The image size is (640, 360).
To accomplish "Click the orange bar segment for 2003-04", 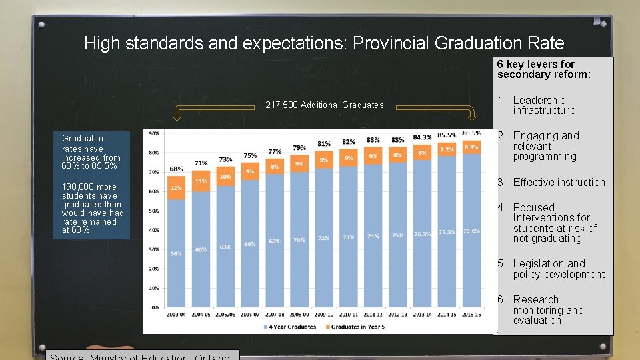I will pos(176,188).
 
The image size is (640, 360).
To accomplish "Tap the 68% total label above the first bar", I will pos(176,169).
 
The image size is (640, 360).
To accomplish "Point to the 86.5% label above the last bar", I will pos(471,133).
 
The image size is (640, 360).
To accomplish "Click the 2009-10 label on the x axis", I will pos(323,314).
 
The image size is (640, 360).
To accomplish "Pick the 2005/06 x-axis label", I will pos(225,314).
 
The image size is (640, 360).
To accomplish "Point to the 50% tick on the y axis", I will pos(154,211).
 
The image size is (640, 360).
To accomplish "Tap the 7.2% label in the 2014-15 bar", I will pos(447,149).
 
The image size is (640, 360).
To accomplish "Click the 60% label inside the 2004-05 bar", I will pos(201,250).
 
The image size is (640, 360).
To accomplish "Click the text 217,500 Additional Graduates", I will pos(325,105).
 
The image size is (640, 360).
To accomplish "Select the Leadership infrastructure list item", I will pos(543,105).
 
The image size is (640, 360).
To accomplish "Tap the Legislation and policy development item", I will pos(558,269).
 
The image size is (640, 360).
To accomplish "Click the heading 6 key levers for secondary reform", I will pos(544,69).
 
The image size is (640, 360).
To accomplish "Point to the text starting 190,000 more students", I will pos(93,208).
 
